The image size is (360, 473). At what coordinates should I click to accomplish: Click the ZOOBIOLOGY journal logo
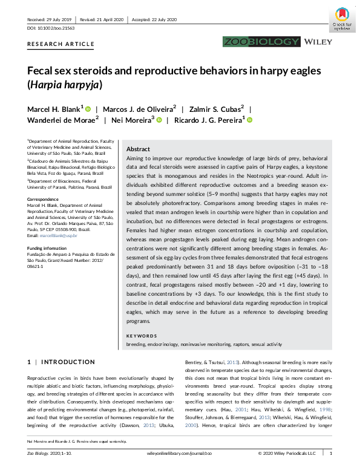261,42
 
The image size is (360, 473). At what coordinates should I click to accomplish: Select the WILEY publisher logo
318,42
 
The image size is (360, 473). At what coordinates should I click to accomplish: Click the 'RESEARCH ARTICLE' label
61,44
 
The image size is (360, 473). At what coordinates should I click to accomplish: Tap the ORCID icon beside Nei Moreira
160,120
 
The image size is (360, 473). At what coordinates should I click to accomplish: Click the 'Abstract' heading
139,149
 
